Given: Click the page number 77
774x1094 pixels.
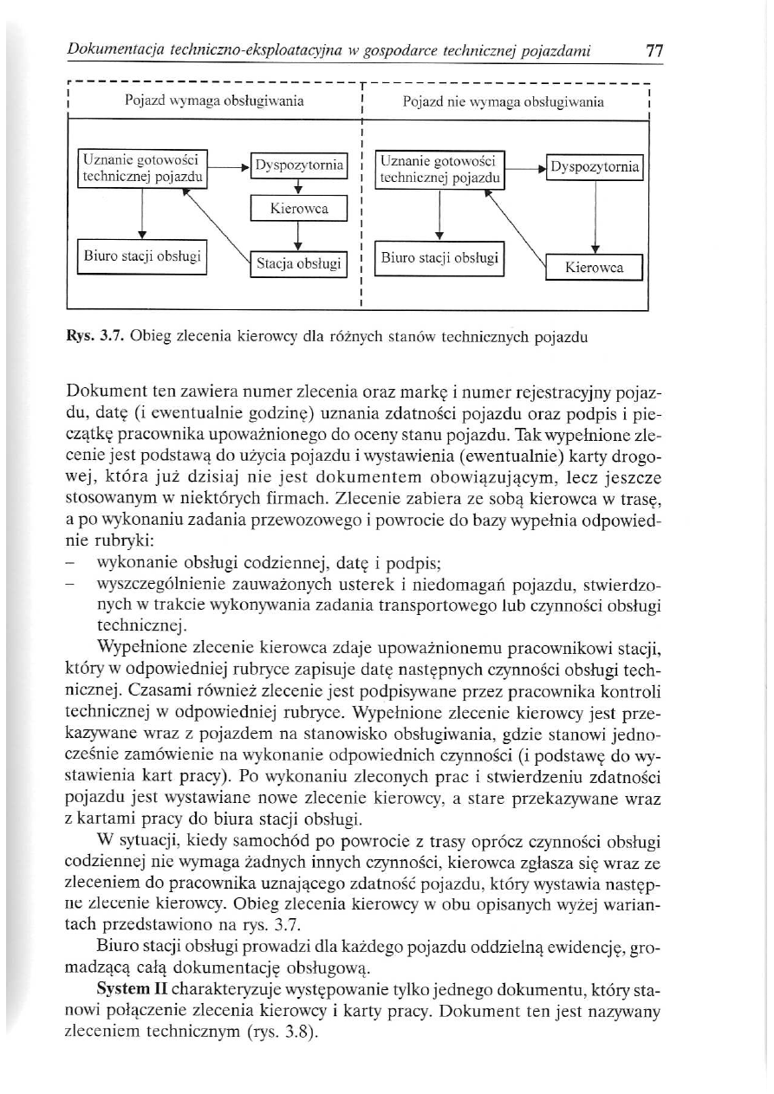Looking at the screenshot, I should pos(654,51).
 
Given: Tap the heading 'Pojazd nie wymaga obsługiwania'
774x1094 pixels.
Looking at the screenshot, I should pos(504,102).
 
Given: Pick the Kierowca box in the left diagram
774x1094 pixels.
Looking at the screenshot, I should pos(297,209).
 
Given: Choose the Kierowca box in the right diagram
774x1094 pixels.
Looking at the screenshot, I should pos(594,268).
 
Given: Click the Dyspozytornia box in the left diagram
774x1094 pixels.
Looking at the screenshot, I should pos(297,165).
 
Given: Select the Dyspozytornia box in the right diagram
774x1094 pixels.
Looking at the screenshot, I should pos(595,165).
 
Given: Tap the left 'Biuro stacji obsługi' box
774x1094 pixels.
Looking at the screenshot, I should pos(141,257).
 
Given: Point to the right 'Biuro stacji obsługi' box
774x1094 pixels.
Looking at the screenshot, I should pos(439,257).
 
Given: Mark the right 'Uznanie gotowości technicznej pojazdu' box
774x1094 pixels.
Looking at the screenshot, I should pos(440,169).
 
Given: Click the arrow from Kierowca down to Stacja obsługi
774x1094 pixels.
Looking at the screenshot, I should pos(297,235).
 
